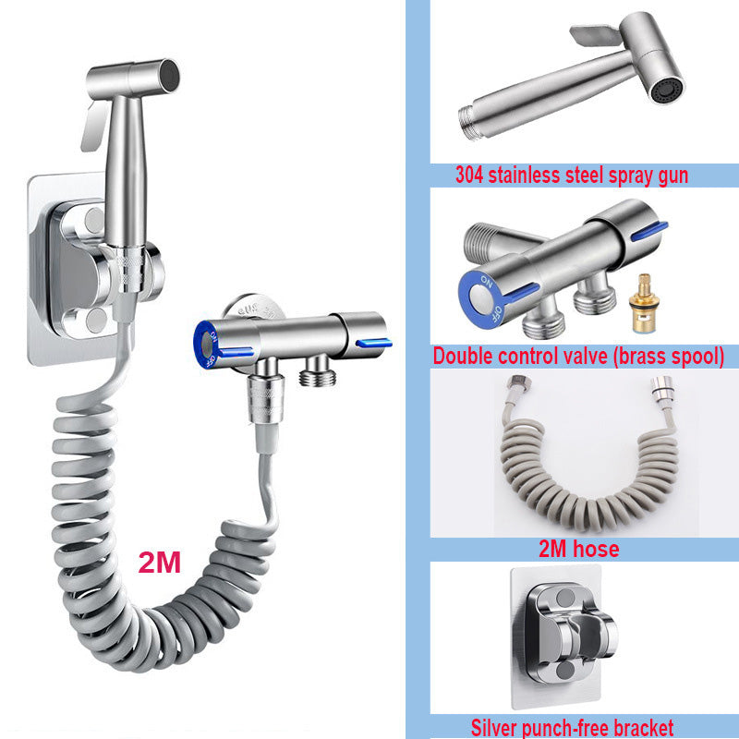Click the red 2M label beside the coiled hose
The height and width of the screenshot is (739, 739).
(159, 562)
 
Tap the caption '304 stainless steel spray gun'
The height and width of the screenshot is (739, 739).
(572, 175)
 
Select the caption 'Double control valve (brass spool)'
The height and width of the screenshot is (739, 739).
(578, 357)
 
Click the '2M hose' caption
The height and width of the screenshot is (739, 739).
(579, 549)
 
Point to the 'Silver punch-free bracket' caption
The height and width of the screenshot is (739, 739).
(572, 727)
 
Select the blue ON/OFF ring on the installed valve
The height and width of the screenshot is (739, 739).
(205, 345)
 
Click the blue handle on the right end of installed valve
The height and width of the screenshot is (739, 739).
(374, 343)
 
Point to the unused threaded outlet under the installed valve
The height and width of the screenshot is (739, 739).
(318, 371)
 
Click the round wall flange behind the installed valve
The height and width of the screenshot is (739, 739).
(255, 308)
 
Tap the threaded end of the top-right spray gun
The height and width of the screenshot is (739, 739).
(469, 123)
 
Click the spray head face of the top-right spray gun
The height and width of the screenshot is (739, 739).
(667, 90)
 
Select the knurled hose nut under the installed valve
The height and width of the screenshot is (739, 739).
(266, 398)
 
